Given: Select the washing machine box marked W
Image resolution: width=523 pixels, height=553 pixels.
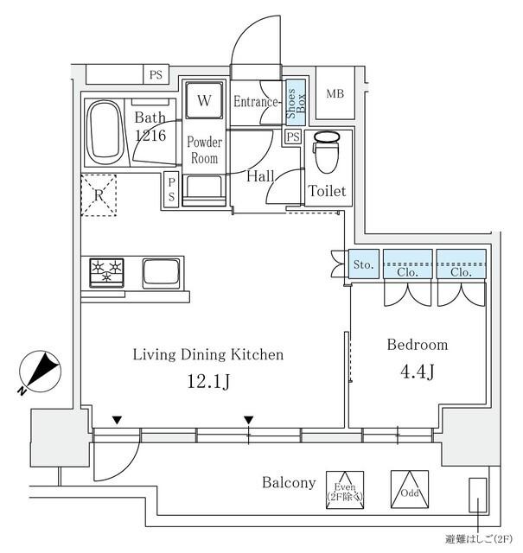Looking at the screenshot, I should [203, 101].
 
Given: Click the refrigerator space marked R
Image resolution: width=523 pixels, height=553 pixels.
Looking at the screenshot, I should [99, 194].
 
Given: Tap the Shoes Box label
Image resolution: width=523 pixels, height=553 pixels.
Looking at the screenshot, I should [296, 102].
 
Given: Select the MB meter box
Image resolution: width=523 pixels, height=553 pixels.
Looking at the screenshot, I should [334, 93].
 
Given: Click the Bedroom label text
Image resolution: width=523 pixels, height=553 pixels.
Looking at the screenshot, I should [417, 345].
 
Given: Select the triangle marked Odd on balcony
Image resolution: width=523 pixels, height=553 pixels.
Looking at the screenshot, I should [409, 489].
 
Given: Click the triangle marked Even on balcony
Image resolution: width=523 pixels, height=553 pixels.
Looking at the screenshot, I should [346, 489].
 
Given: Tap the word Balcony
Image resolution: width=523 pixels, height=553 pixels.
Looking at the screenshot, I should [289, 483].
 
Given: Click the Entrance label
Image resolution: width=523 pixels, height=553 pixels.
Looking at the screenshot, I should [257, 102].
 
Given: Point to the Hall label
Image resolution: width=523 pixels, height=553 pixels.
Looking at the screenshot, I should [260, 176].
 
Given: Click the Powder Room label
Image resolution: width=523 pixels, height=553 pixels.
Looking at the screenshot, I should [205, 150].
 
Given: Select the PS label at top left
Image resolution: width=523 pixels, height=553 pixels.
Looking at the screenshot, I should [155, 75].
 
